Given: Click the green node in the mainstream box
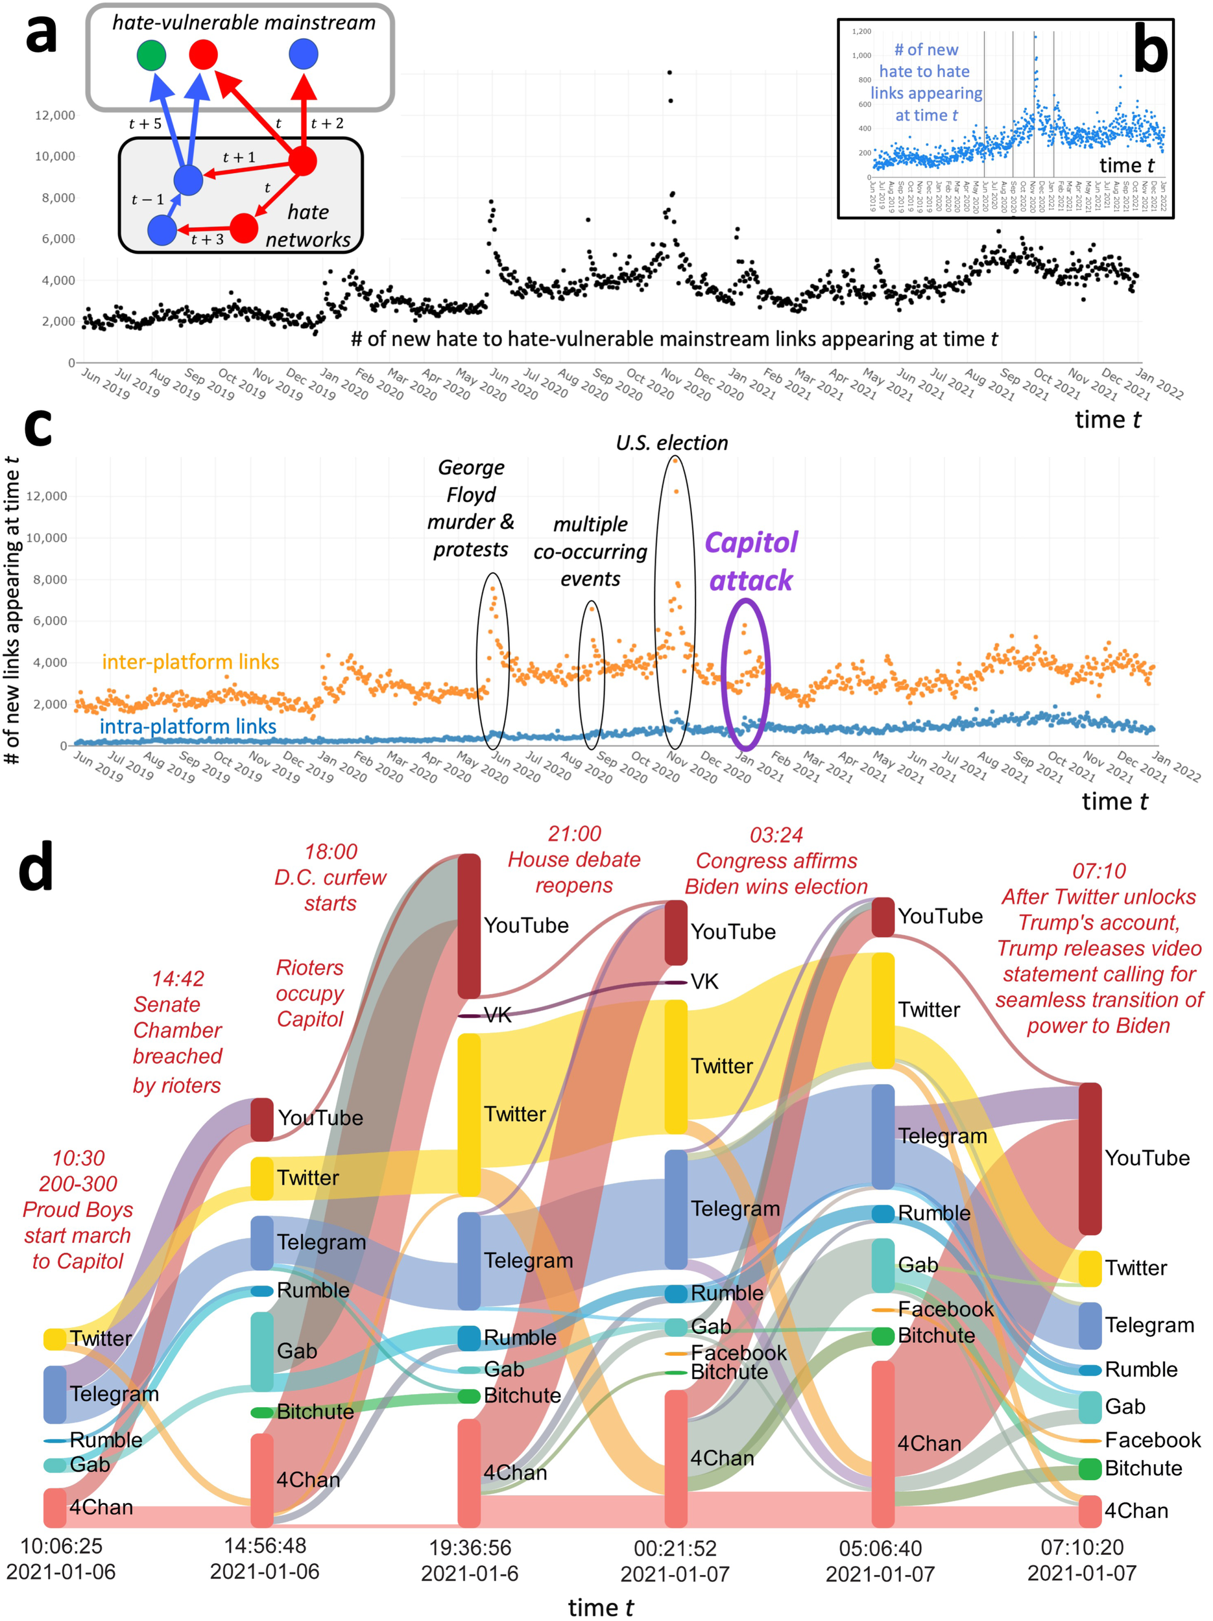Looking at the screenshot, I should (151, 56).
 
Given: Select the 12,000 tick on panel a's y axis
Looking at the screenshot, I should (55, 115).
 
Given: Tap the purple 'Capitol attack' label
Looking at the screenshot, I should (751, 562).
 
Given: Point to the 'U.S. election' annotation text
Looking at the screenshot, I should (671, 443).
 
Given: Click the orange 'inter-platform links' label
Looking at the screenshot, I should (191, 662).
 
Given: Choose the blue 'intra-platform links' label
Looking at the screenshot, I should (187, 726).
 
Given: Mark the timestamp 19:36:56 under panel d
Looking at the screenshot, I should (470, 1548).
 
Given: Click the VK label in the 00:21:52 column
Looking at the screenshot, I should (704, 981).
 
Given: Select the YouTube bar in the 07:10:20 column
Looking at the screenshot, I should (1090, 1158).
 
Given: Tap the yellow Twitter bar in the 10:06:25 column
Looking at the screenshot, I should (55, 1339).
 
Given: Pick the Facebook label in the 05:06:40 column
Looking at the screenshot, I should (946, 1309).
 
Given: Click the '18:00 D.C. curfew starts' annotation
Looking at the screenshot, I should (331, 877).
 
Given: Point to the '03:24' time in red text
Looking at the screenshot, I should (776, 834).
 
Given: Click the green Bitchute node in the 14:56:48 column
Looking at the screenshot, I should (261, 1412).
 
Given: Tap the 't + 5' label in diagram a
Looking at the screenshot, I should (145, 124).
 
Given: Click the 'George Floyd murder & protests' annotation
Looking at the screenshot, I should (470, 508).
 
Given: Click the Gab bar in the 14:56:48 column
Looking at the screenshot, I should (261, 1351).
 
